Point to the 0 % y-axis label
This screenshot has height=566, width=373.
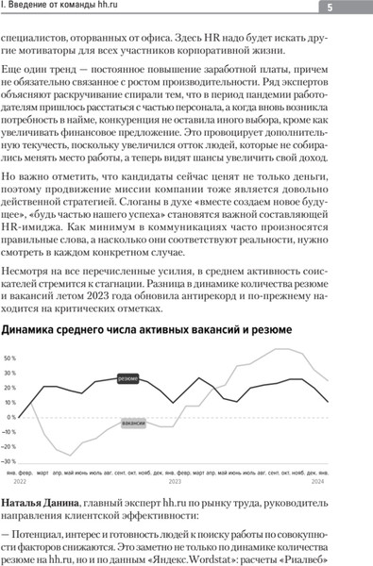point(12,417)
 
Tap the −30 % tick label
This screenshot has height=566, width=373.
point(10,461)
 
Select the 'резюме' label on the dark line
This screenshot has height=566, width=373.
point(131,378)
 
